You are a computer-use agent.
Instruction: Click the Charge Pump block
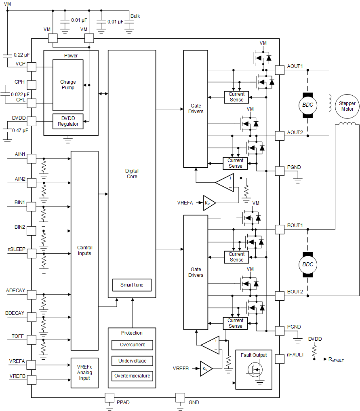tap(68, 85)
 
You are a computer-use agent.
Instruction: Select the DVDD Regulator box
tap(68, 121)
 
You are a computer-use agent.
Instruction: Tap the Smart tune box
tap(132, 285)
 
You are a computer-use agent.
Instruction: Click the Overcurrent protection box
tap(132, 345)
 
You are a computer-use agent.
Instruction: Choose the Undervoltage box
tap(132, 360)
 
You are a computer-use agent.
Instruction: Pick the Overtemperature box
tap(132, 376)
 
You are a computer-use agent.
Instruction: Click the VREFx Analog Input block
tap(84, 373)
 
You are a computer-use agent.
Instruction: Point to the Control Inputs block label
tap(84, 251)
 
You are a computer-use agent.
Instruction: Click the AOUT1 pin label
tap(295, 66)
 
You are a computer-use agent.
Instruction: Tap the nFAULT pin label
tap(296, 355)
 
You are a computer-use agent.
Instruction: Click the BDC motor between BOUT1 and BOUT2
tap(308, 265)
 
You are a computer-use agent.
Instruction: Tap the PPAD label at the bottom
tap(123, 403)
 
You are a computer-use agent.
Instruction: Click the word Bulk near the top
tap(135, 16)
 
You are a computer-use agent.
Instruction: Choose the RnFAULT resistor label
tap(337, 359)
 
